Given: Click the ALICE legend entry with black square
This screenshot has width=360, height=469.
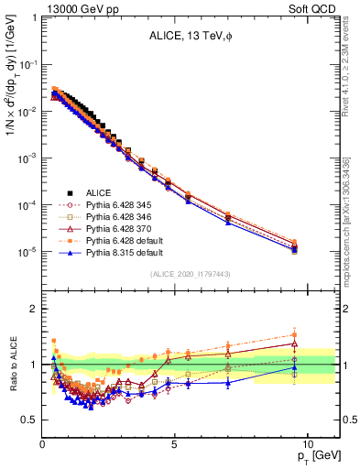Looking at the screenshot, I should coord(99,191).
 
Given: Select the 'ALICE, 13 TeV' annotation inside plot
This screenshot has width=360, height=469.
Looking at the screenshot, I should coord(189,38).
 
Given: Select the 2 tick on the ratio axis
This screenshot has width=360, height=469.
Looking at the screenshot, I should coord(34,309).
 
